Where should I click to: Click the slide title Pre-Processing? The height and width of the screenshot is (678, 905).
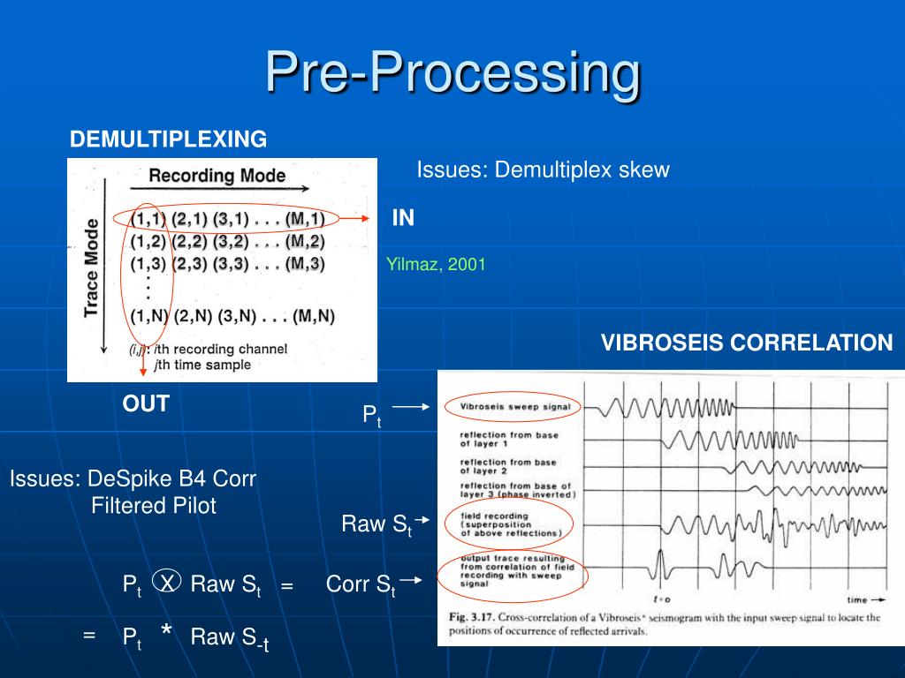pyautogui.click(x=452, y=72)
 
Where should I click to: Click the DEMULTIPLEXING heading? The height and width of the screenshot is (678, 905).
pyautogui.click(x=169, y=139)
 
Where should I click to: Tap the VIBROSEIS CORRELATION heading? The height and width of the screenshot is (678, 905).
pyautogui.click(x=747, y=343)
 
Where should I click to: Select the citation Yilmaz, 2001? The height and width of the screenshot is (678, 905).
pyautogui.click(x=437, y=264)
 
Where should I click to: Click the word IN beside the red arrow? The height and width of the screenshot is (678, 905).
pyautogui.click(x=403, y=218)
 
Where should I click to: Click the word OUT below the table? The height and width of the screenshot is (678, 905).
pyautogui.click(x=146, y=403)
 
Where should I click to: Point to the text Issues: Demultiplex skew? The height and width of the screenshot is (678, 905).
pyautogui.click(x=543, y=170)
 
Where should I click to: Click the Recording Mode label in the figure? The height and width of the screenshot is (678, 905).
pyautogui.click(x=217, y=175)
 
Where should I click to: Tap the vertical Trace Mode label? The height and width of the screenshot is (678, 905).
pyautogui.click(x=91, y=268)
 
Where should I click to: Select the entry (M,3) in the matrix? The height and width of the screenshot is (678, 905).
pyautogui.click(x=305, y=264)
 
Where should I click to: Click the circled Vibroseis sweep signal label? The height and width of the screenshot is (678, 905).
pyautogui.click(x=513, y=407)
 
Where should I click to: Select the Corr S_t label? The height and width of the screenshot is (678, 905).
pyautogui.click(x=361, y=584)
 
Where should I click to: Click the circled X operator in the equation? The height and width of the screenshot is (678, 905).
pyautogui.click(x=167, y=581)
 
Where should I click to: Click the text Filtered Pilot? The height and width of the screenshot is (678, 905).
pyautogui.click(x=154, y=506)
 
